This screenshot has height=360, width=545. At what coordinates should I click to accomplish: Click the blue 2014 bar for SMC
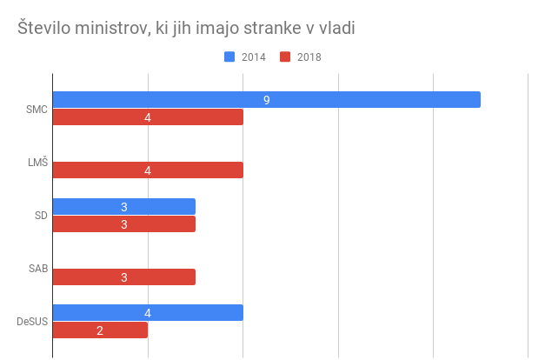(x=266, y=100)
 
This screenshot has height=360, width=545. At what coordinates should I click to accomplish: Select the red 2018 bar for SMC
(x=148, y=117)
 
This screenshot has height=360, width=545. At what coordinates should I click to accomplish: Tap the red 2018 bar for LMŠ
(x=148, y=170)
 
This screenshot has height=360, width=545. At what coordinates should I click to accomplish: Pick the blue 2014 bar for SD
(x=124, y=207)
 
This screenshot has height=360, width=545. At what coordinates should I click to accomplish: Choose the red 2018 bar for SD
(x=124, y=224)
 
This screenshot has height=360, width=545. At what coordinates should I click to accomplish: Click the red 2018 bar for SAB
(x=124, y=277)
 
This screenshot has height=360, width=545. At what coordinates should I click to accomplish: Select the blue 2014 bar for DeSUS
(x=148, y=313)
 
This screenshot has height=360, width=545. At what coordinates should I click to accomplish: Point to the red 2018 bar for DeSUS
(x=100, y=330)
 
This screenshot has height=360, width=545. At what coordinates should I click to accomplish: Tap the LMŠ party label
(x=37, y=162)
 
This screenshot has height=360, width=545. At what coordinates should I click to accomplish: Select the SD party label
(x=41, y=216)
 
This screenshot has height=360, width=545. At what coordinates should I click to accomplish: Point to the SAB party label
(x=38, y=269)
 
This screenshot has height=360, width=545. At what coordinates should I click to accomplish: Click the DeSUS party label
(x=32, y=322)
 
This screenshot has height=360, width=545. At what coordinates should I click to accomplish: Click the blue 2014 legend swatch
(x=229, y=57)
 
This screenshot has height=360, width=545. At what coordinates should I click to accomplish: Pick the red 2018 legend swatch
(x=285, y=57)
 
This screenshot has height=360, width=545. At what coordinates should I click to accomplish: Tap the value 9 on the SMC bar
(x=266, y=100)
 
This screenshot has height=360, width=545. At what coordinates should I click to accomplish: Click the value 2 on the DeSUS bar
(x=100, y=330)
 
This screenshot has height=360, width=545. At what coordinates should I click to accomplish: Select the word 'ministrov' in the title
(x=109, y=29)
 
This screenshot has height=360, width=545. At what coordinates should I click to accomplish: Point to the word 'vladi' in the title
(x=336, y=29)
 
